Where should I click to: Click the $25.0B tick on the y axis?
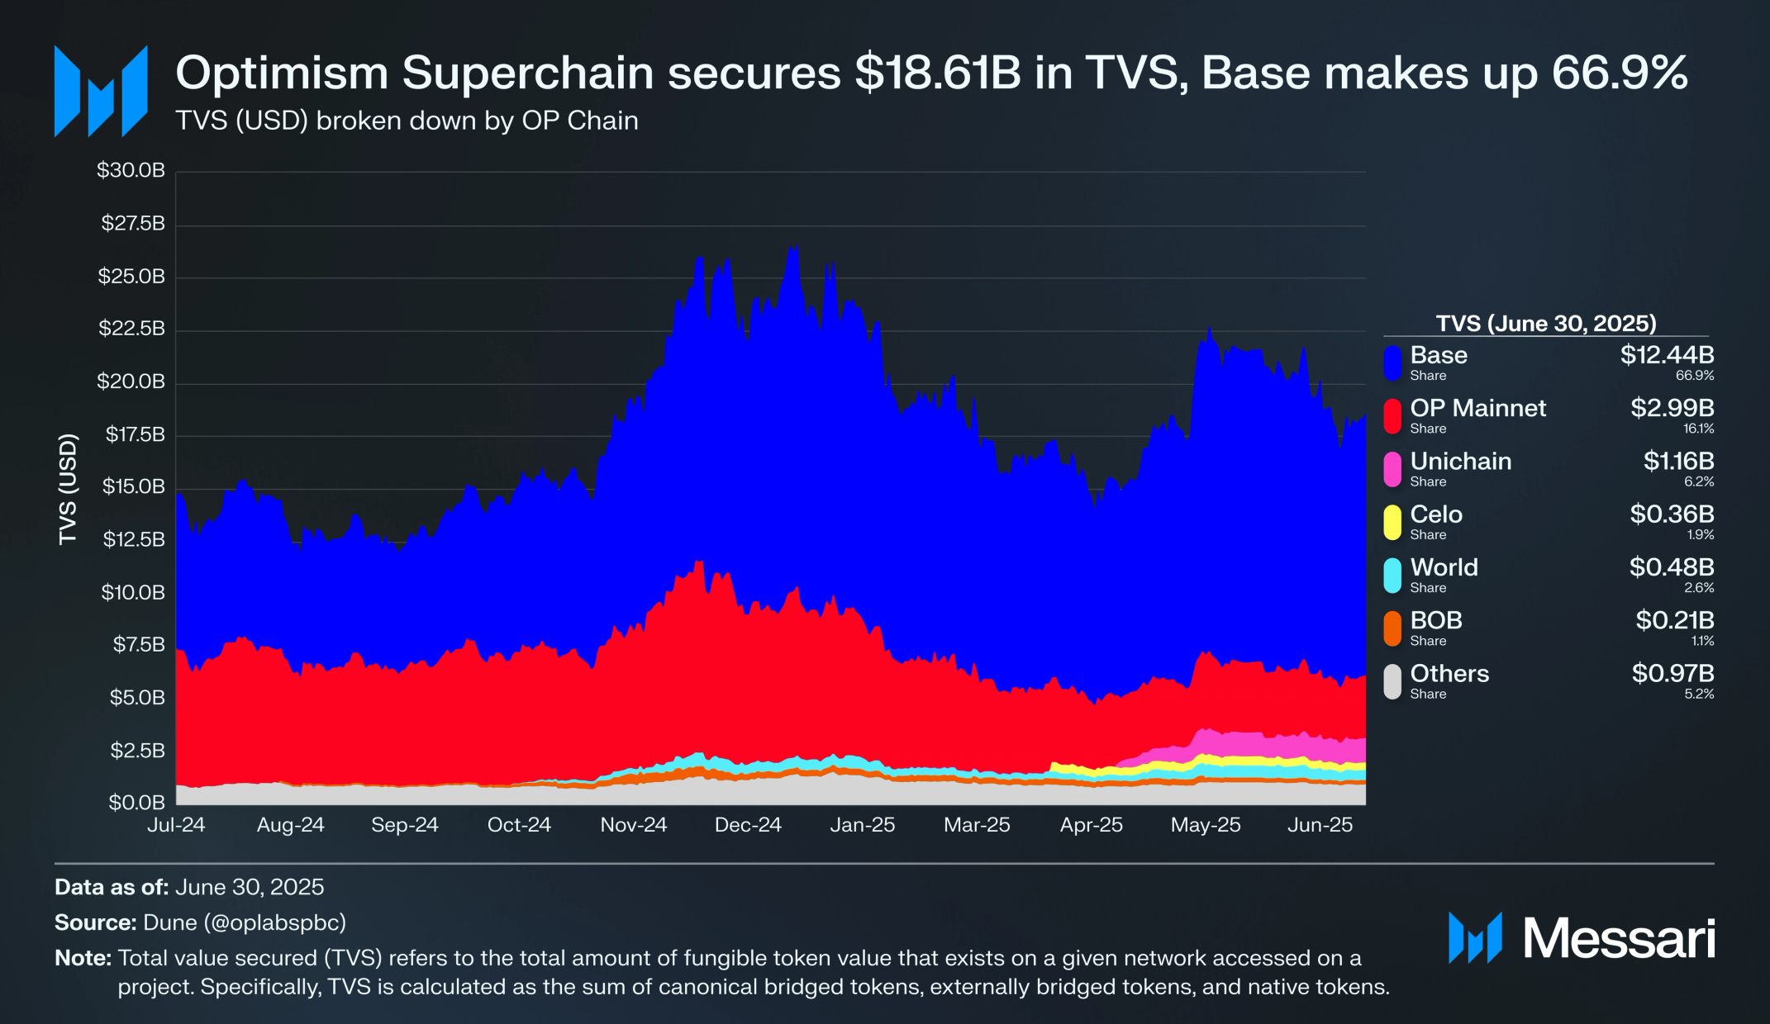pos(131,276)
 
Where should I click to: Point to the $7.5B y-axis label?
pos(139,644)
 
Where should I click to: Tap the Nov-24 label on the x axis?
pos(633,825)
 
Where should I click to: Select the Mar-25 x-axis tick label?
pos(977,825)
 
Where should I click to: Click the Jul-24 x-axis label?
pos(176,825)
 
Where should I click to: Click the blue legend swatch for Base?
pos(1392,363)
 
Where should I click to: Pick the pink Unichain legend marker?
pos(1392,469)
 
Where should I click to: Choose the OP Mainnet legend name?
pos(1477,408)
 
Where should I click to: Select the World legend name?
pos(1444,567)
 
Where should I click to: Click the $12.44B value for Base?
pos(1667,355)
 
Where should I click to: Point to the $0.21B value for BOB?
pos(1674,620)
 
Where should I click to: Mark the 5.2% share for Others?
pos(1699,695)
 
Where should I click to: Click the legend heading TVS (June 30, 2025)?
pos(1546,323)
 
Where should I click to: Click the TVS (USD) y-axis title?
pos(68,489)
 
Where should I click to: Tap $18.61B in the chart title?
pos(938,73)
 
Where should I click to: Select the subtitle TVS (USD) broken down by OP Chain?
pos(407,121)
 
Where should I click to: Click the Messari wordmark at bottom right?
pos(1618,939)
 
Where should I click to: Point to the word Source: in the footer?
pos(95,922)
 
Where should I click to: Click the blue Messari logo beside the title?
pos(101,91)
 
